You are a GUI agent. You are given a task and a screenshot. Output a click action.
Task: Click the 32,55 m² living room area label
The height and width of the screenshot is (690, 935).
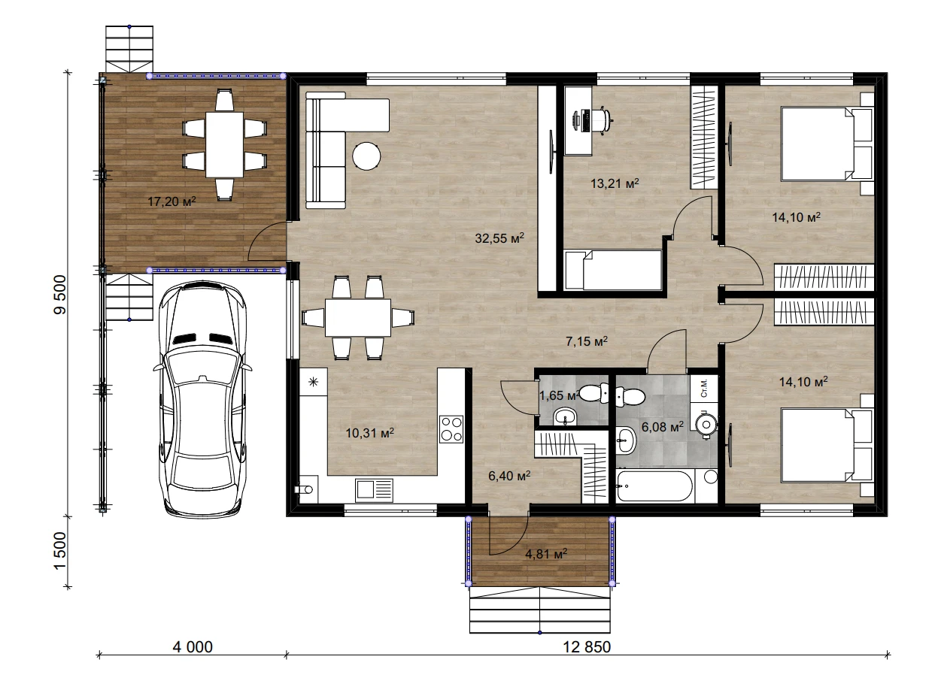499,238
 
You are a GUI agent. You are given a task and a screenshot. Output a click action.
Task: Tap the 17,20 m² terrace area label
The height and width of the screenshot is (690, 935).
172,201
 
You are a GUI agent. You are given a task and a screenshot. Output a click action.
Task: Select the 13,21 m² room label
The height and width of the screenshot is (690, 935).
615,183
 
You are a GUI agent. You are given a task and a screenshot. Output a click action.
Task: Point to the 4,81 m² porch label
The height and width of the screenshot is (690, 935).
546,553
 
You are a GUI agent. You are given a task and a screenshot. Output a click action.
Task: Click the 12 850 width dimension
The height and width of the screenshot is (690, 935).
587,646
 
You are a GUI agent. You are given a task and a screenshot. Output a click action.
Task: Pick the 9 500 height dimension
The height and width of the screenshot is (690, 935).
60,295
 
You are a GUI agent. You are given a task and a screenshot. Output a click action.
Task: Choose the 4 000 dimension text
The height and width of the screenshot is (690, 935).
193,646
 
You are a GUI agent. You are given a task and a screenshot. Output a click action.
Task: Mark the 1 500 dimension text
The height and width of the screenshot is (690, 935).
60,550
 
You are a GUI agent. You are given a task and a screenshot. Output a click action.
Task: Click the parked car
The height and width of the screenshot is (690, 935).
202,400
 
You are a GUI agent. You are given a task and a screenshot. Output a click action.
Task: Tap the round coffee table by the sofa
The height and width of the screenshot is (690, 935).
366,156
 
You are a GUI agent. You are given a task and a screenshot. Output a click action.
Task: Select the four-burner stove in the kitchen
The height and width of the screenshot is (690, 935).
451,429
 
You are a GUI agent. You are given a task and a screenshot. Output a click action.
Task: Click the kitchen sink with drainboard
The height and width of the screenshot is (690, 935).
374,490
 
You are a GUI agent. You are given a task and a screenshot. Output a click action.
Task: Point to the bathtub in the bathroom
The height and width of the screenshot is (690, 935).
654,486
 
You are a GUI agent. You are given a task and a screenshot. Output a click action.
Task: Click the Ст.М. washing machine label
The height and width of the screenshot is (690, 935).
703,388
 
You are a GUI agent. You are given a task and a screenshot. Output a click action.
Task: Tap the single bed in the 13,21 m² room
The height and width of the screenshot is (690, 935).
613,270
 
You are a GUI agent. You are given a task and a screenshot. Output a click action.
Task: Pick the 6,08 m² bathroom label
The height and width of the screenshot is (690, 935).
663,427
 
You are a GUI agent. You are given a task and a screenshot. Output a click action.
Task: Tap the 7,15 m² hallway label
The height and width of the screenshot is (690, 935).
587,340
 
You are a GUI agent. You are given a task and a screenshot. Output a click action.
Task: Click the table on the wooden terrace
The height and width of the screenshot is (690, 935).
224,144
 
